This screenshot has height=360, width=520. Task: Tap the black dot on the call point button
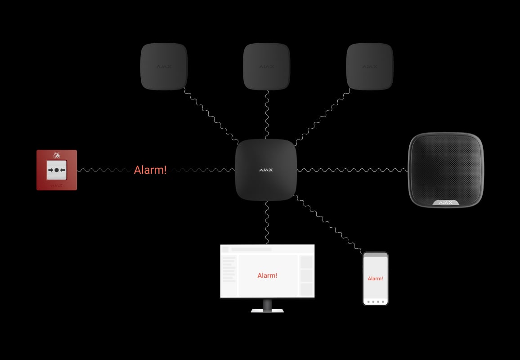point(57,170)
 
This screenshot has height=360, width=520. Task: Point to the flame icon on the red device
point(57,155)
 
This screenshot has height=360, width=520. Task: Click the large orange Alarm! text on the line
point(150,170)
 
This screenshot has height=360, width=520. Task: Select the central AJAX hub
point(266,170)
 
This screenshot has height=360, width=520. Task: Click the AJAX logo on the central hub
point(266,171)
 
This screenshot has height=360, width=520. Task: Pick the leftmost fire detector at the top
point(164,67)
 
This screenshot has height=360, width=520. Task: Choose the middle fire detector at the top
point(266,67)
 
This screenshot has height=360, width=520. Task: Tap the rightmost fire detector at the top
point(369,67)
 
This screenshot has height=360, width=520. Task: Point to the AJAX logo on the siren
point(445,202)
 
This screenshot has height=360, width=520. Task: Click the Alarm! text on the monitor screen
point(267,275)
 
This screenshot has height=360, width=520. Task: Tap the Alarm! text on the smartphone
point(375,279)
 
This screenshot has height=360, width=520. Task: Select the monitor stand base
point(267,310)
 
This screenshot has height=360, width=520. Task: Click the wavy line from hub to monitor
point(267,223)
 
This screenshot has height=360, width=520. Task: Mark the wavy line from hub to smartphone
point(328,224)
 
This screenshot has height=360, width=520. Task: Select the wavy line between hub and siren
point(351,170)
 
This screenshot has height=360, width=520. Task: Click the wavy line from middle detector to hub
point(267,115)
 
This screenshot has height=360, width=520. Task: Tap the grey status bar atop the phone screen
point(375,255)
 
